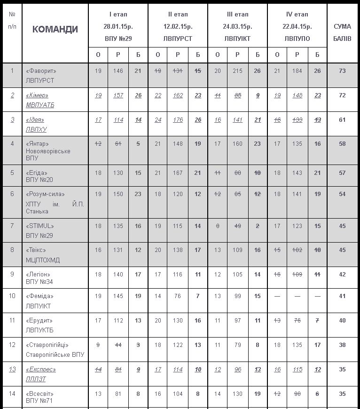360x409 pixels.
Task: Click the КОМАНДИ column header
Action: (55, 29)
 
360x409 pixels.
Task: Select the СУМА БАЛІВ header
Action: (342, 32)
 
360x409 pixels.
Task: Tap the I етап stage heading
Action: (118, 15)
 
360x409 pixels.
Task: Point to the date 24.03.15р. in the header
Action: (237, 26)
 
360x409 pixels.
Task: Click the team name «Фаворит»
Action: (41, 71)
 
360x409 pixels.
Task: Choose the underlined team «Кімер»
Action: (38, 95)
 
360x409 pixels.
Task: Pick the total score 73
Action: (342, 71)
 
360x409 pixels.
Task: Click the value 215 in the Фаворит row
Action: (237, 71)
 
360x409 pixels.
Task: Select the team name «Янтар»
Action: (38, 143)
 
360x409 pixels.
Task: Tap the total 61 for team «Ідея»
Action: (342, 120)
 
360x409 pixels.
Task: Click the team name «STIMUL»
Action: (40, 226)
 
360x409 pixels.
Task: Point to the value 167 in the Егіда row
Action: (178, 173)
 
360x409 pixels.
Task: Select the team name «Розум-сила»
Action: (46, 194)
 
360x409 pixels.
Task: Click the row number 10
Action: (12, 296)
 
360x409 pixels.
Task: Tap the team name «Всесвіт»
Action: (40, 393)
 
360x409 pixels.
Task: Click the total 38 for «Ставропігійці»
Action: (342, 345)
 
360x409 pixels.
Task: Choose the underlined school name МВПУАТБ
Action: (40, 105)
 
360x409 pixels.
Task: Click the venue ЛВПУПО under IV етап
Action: (297, 39)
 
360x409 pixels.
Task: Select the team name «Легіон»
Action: (38, 274)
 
